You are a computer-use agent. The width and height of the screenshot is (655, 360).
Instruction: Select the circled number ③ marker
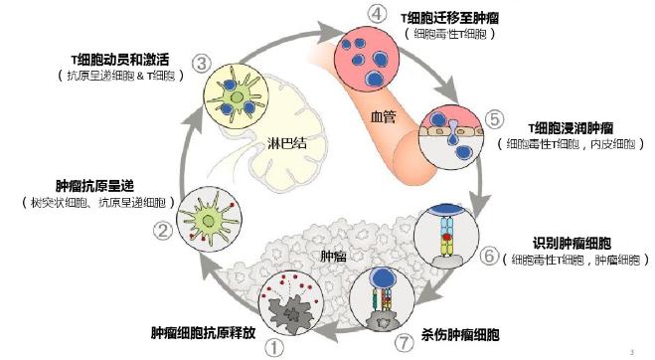point(201,65)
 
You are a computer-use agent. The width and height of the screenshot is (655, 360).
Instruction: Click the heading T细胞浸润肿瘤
point(569,128)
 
